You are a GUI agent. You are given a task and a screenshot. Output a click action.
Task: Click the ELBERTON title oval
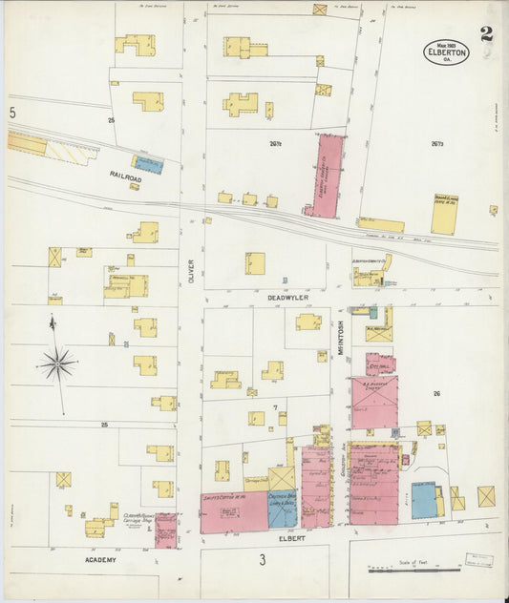[x=447, y=52]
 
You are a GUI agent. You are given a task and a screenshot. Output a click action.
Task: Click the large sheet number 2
[x=487, y=35]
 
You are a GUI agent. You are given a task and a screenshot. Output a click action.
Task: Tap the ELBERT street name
[x=291, y=538]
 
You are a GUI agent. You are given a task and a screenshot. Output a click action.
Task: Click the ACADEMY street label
[x=98, y=559]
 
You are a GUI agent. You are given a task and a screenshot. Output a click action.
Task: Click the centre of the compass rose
[x=57, y=364]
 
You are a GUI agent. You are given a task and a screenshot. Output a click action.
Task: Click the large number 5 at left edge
[x=12, y=114]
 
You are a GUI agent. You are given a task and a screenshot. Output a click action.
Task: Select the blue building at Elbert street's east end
[x=423, y=500]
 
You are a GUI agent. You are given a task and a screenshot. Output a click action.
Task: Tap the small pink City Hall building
[x=380, y=364]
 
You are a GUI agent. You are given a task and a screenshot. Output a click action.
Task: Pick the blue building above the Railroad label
[x=148, y=164]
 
